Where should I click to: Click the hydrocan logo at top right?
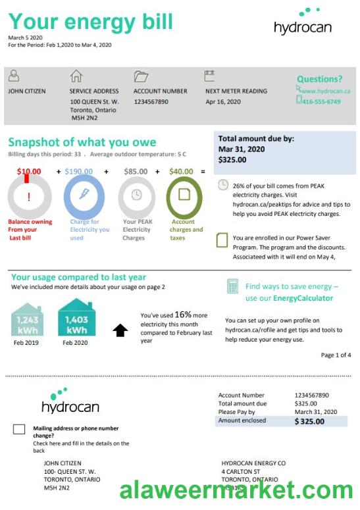click(303, 22)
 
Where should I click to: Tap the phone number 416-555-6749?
click(322, 101)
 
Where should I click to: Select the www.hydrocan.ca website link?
click(326, 91)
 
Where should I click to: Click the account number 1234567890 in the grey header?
click(151, 102)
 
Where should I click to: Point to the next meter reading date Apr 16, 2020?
click(223, 102)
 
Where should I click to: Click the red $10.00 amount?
click(28, 172)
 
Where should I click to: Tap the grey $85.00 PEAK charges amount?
click(136, 172)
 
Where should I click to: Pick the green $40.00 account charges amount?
click(181, 172)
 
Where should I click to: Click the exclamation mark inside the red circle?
click(28, 197)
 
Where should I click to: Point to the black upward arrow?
click(120, 330)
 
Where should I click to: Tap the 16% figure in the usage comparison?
click(183, 315)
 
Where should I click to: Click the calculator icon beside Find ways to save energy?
click(232, 286)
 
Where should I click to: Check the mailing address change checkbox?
click(19, 430)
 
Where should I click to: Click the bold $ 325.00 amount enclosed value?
click(309, 421)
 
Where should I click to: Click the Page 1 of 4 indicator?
click(336, 355)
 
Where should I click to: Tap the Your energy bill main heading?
click(91, 22)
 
